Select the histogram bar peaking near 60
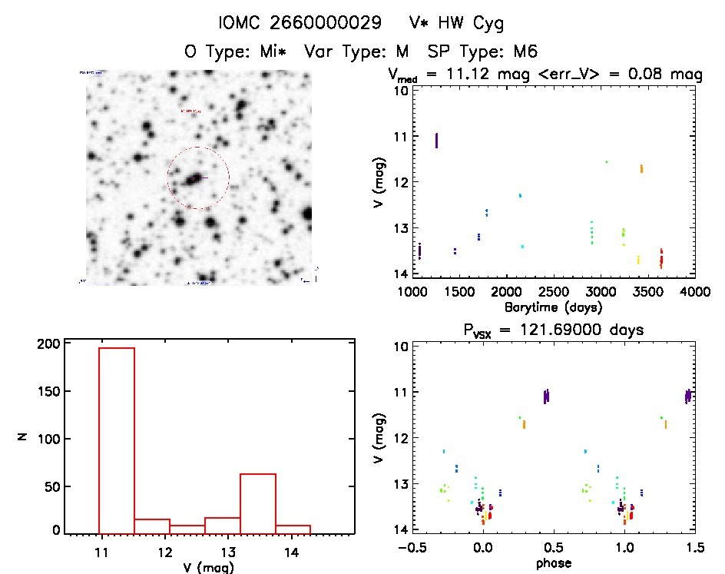pyautogui.click(x=258, y=503)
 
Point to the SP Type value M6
pyautogui.click(x=524, y=51)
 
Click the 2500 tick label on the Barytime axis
pyautogui.click(x=553, y=292)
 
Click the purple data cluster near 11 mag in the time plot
pyautogui.click(x=437, y=140)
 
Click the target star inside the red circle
pyautogui.click(x=194, y=178)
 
